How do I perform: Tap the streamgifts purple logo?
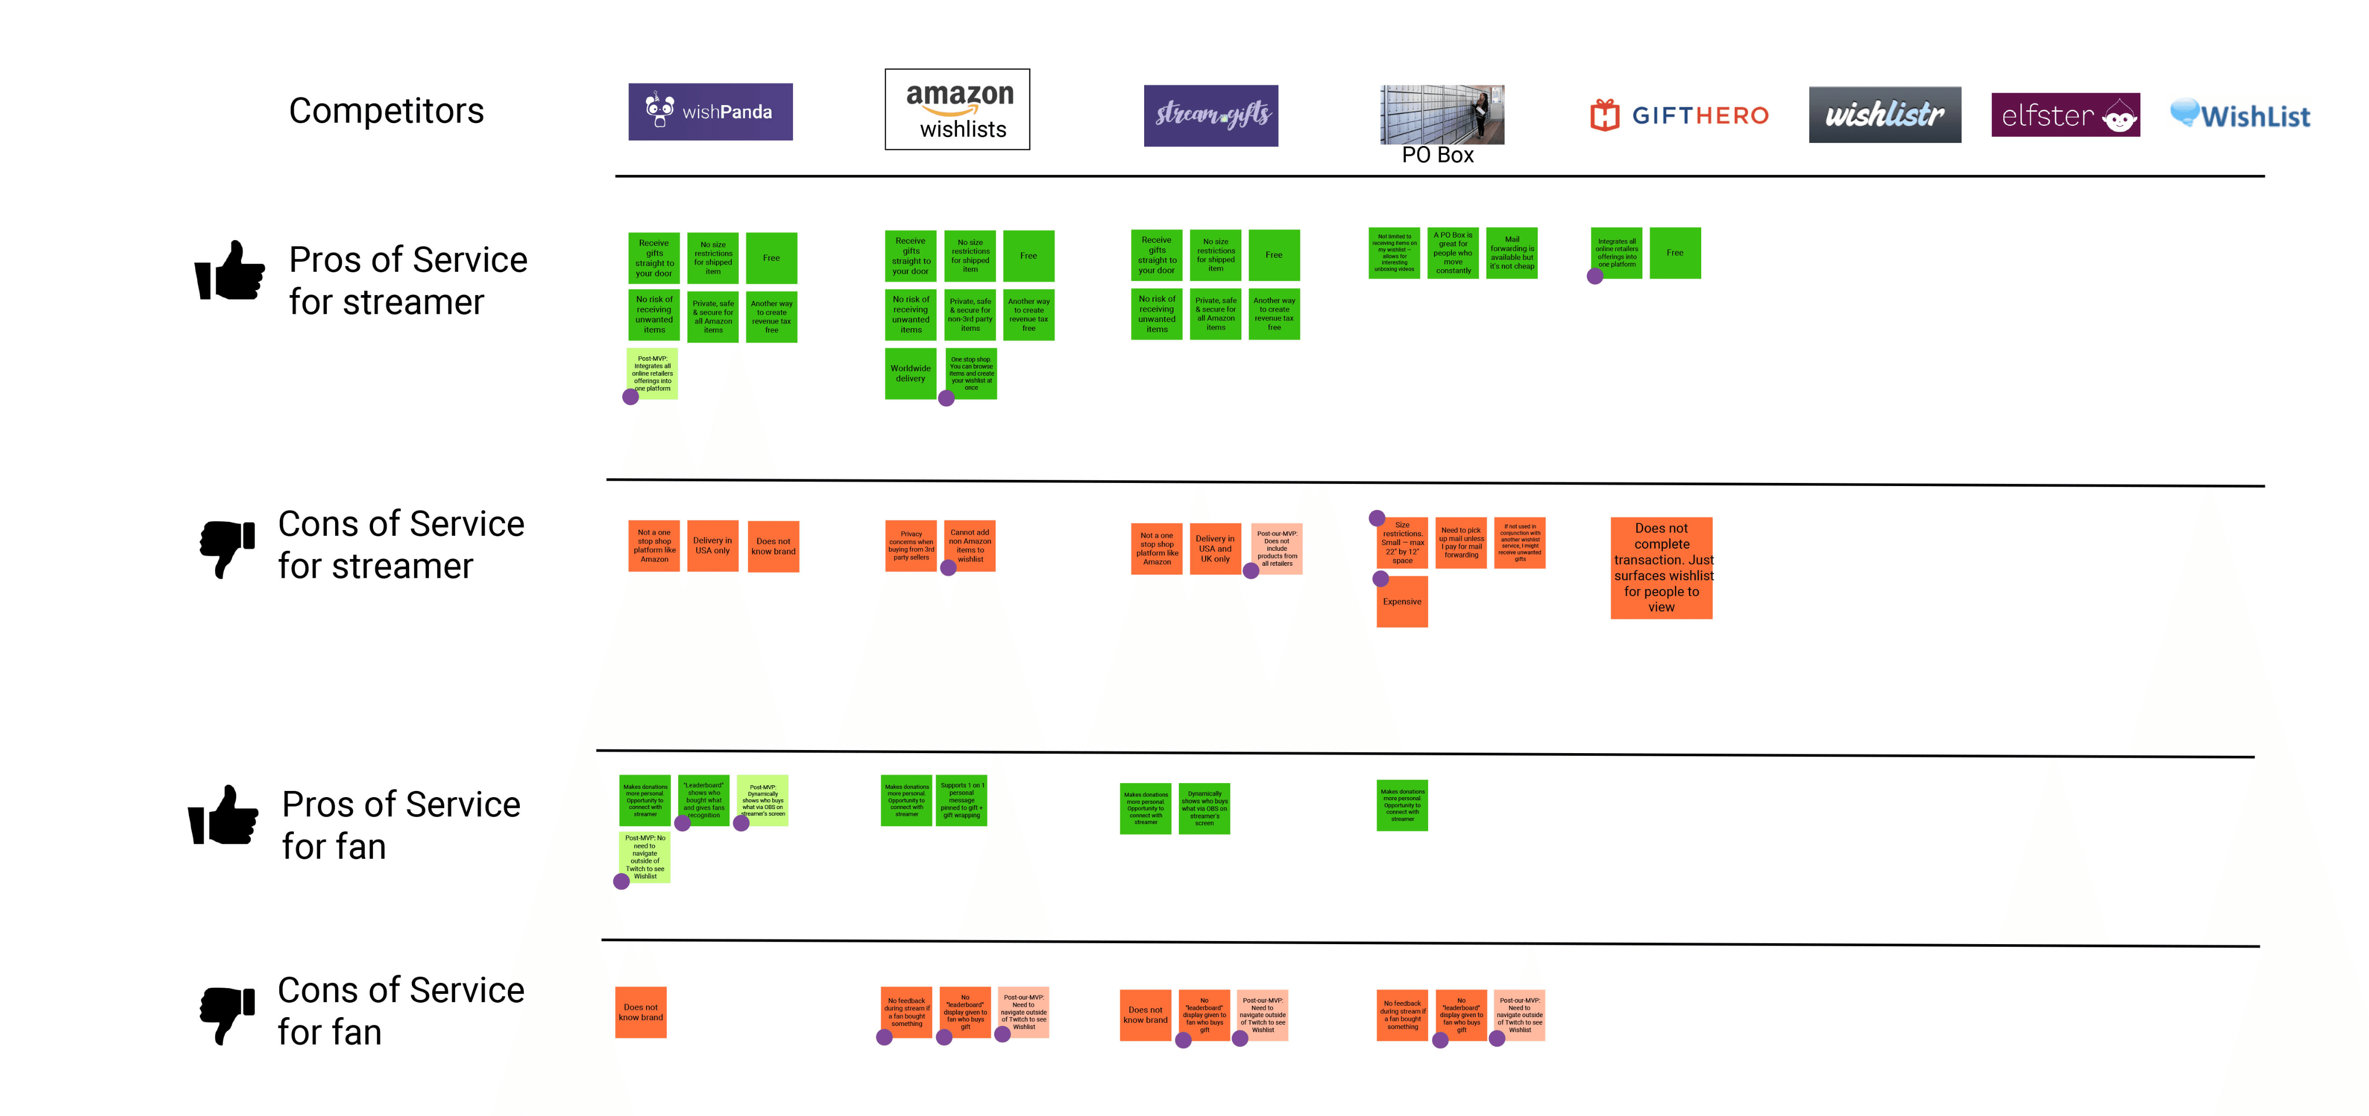click(x=1210, y=115)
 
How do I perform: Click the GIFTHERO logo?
click(x=1680, y=115)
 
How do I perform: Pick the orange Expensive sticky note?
click(x=1402, y=601)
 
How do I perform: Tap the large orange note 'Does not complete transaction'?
click(x=1661, y=568)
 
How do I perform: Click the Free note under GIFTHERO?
click(x=1675, y=253)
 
